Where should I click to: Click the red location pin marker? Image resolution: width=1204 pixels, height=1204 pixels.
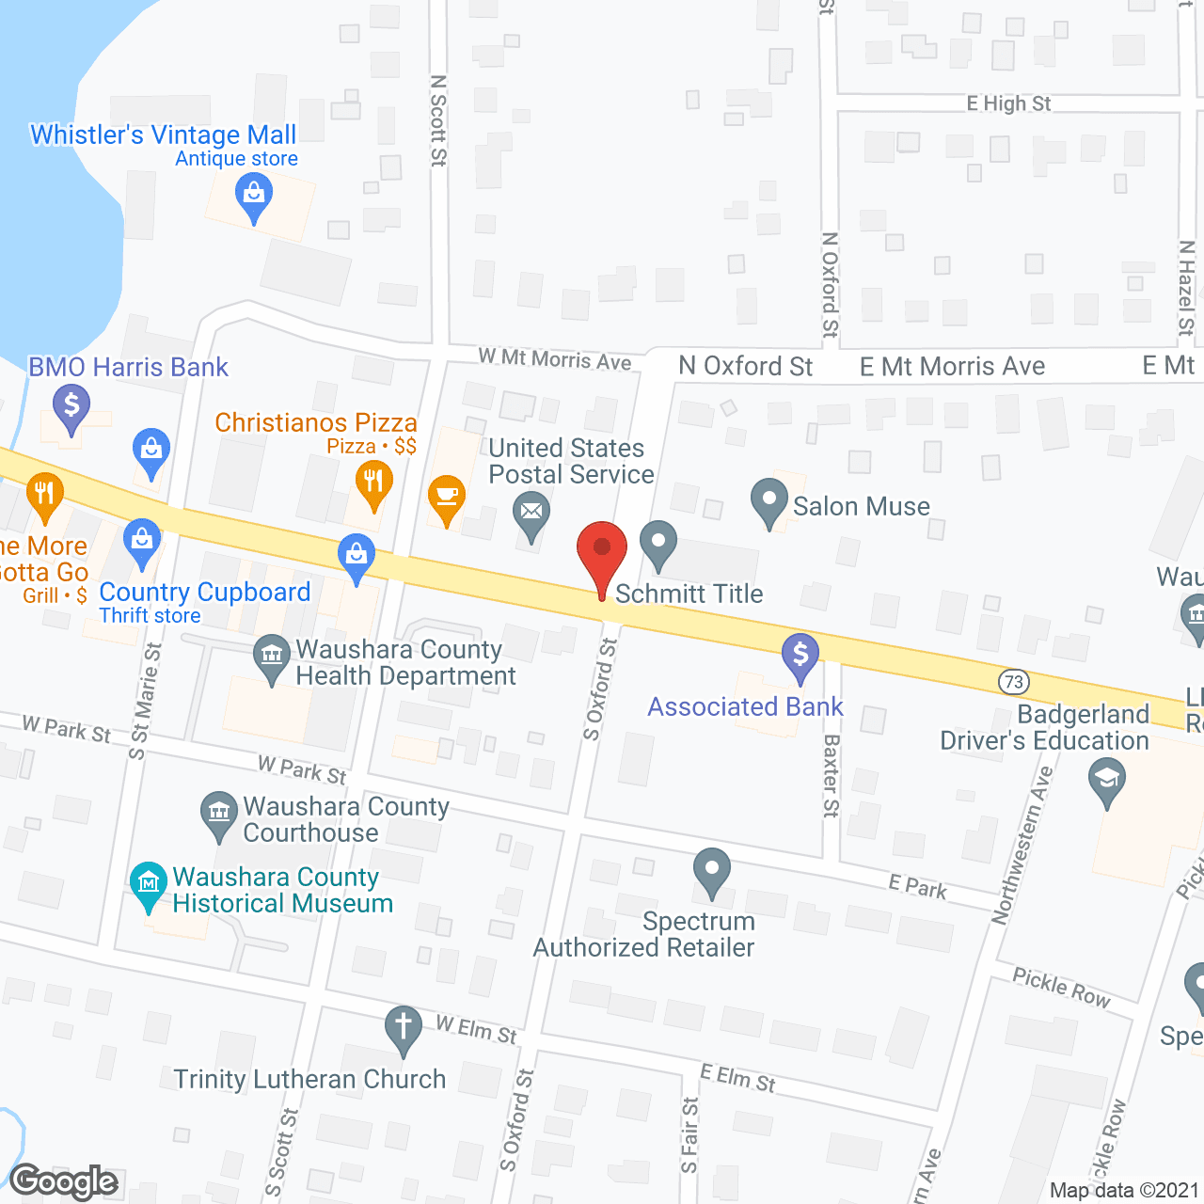click(601, 550)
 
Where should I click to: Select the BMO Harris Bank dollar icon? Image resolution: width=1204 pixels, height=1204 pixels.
click(71, 406)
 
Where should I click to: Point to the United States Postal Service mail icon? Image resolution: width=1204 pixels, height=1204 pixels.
click(531, 513)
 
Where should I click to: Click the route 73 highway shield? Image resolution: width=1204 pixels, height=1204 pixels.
click(1013, 681)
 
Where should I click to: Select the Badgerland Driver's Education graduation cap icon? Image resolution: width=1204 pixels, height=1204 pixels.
click(1107, 779)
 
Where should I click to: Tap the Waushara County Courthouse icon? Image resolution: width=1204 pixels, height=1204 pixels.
click(219, 812)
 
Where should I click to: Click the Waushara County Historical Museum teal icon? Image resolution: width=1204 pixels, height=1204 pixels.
click(149, 882)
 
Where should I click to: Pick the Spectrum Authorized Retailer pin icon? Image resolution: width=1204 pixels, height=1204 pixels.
click(712, 869)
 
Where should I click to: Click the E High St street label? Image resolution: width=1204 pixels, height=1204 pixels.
click(1008, 103)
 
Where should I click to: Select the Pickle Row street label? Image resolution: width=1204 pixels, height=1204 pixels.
click(1061, 987)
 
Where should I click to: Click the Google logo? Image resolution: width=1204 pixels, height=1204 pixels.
click(64, 1181)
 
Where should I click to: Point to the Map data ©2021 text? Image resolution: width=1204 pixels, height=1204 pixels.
click(1124, 1190)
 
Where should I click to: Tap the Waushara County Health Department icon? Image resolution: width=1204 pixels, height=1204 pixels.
click(272, 656)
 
